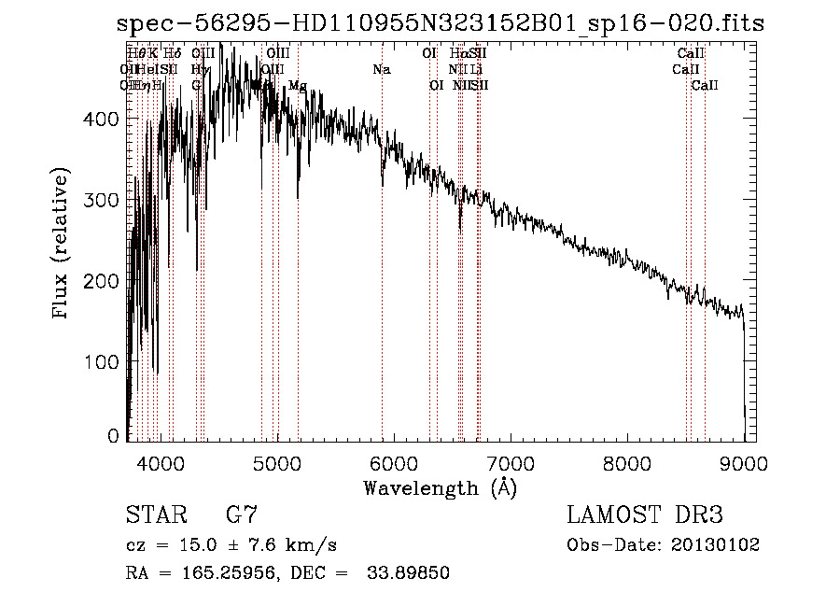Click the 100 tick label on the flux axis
coord(103,361)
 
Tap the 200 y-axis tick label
coord(103,281)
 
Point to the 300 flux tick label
coord(103,200)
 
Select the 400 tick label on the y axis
coord(103,119)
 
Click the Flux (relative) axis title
coord(62,246)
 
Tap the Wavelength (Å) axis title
coord(439,487)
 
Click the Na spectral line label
coord(381,70)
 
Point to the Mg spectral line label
coord(298,86)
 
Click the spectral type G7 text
coord(241,514)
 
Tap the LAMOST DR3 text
coord(645,514)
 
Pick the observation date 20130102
coord(715,544)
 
